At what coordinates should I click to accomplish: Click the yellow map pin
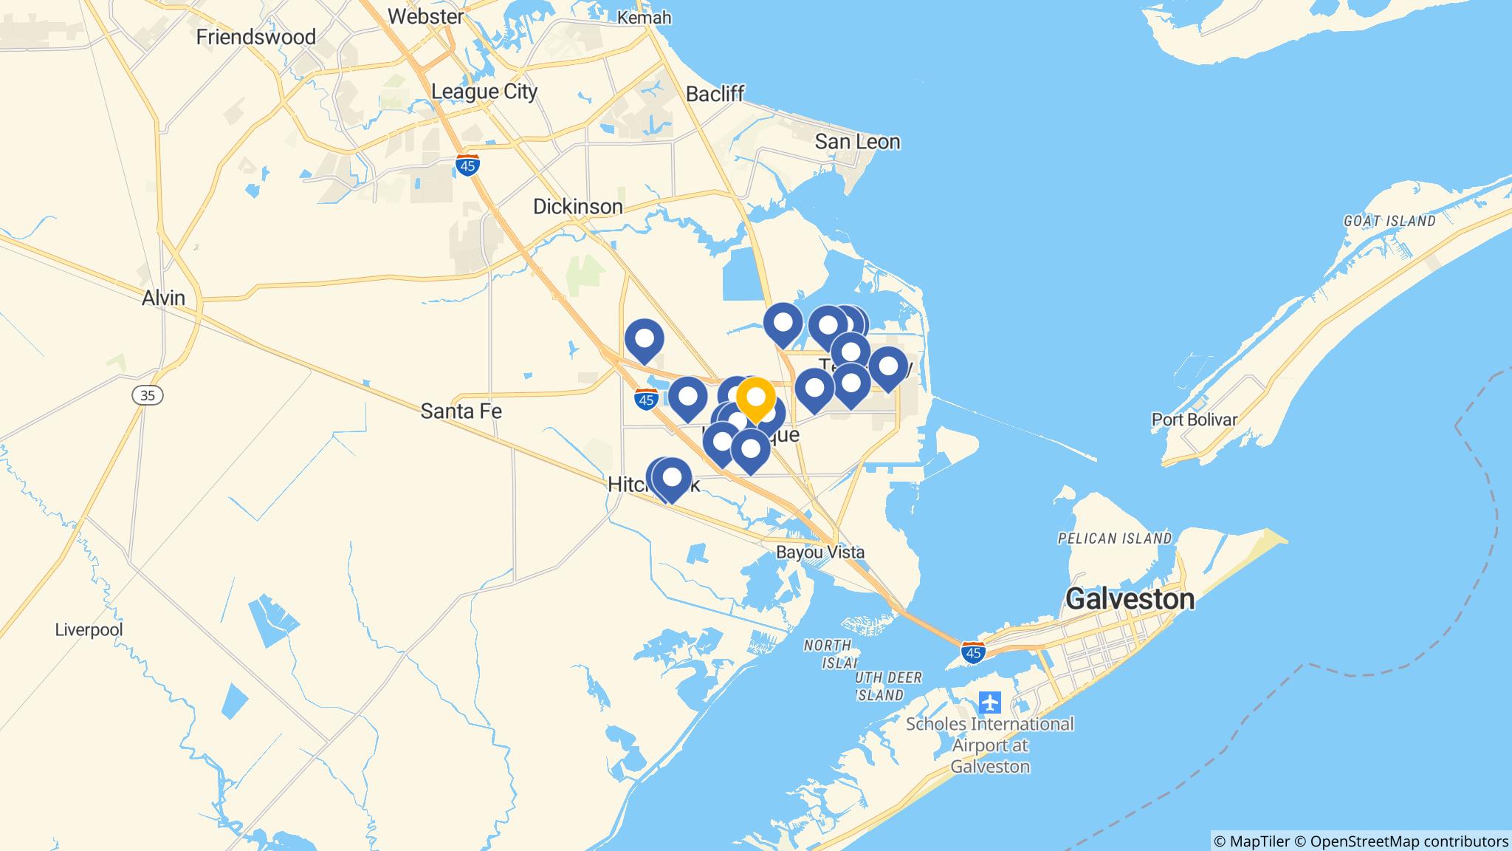[x=755, y=398]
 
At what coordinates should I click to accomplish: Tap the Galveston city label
[x=1130, y=599]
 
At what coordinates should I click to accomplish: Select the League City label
[x=484, y=92]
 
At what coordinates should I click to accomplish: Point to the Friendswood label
[x=255, y=37]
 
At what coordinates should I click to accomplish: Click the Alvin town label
[x=164, y=298]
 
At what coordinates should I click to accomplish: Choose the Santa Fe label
[x=461, y=411]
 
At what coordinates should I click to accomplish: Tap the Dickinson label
[x=578, y=207]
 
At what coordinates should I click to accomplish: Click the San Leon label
[x=857, y=142]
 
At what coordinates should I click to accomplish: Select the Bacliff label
[x=715, y=94]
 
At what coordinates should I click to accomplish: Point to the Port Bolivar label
[x=1195, y=420]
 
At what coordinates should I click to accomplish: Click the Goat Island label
[x=1389, y=221]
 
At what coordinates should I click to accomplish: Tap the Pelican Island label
[x=1114, y=539]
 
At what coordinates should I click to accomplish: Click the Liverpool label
[x=89, y=630]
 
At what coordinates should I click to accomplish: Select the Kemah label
[x=644, y=17]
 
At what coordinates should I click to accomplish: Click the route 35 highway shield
[x=148, y=395]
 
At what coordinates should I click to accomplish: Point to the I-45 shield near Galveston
[x=974, y=652]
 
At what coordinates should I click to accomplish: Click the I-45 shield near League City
[x=467, y=165]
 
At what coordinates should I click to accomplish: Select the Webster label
[x=425, y=16]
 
